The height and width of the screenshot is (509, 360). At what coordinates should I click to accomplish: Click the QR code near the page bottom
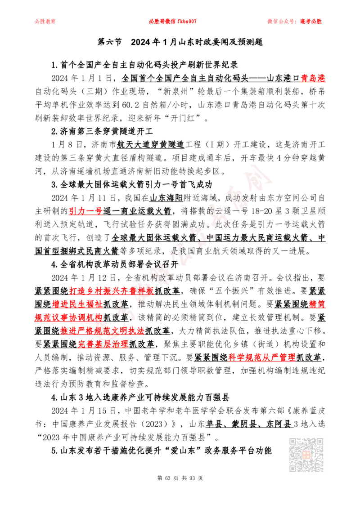tap(306, 455)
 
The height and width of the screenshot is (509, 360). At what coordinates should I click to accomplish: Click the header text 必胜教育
tap(45, 22)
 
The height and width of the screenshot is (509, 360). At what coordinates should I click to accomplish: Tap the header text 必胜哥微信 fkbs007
tap(173, 22)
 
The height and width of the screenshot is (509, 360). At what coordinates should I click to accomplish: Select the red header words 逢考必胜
tap(311, 22)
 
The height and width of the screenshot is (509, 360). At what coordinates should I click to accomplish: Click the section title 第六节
tap(109, 42)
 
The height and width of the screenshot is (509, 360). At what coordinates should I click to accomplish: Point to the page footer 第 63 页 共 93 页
tap(180, 478)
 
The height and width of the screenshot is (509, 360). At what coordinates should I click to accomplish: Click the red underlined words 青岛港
tap(313, 78)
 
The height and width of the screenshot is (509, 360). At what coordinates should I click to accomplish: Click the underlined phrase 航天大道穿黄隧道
tap(150, 144)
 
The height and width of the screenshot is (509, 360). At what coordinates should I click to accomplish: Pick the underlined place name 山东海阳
tap(166, 198)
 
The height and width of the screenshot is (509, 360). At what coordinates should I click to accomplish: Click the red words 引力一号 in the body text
tap(85, 211)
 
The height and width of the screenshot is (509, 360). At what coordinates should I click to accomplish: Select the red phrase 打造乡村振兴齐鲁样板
tap(112, 291)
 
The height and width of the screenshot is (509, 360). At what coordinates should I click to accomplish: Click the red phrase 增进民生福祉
tap(77, 304)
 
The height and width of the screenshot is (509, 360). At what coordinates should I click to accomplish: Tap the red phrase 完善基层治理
tap(103, 344)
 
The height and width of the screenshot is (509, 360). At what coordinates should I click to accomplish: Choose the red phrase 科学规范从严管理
tap(262, 357)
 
